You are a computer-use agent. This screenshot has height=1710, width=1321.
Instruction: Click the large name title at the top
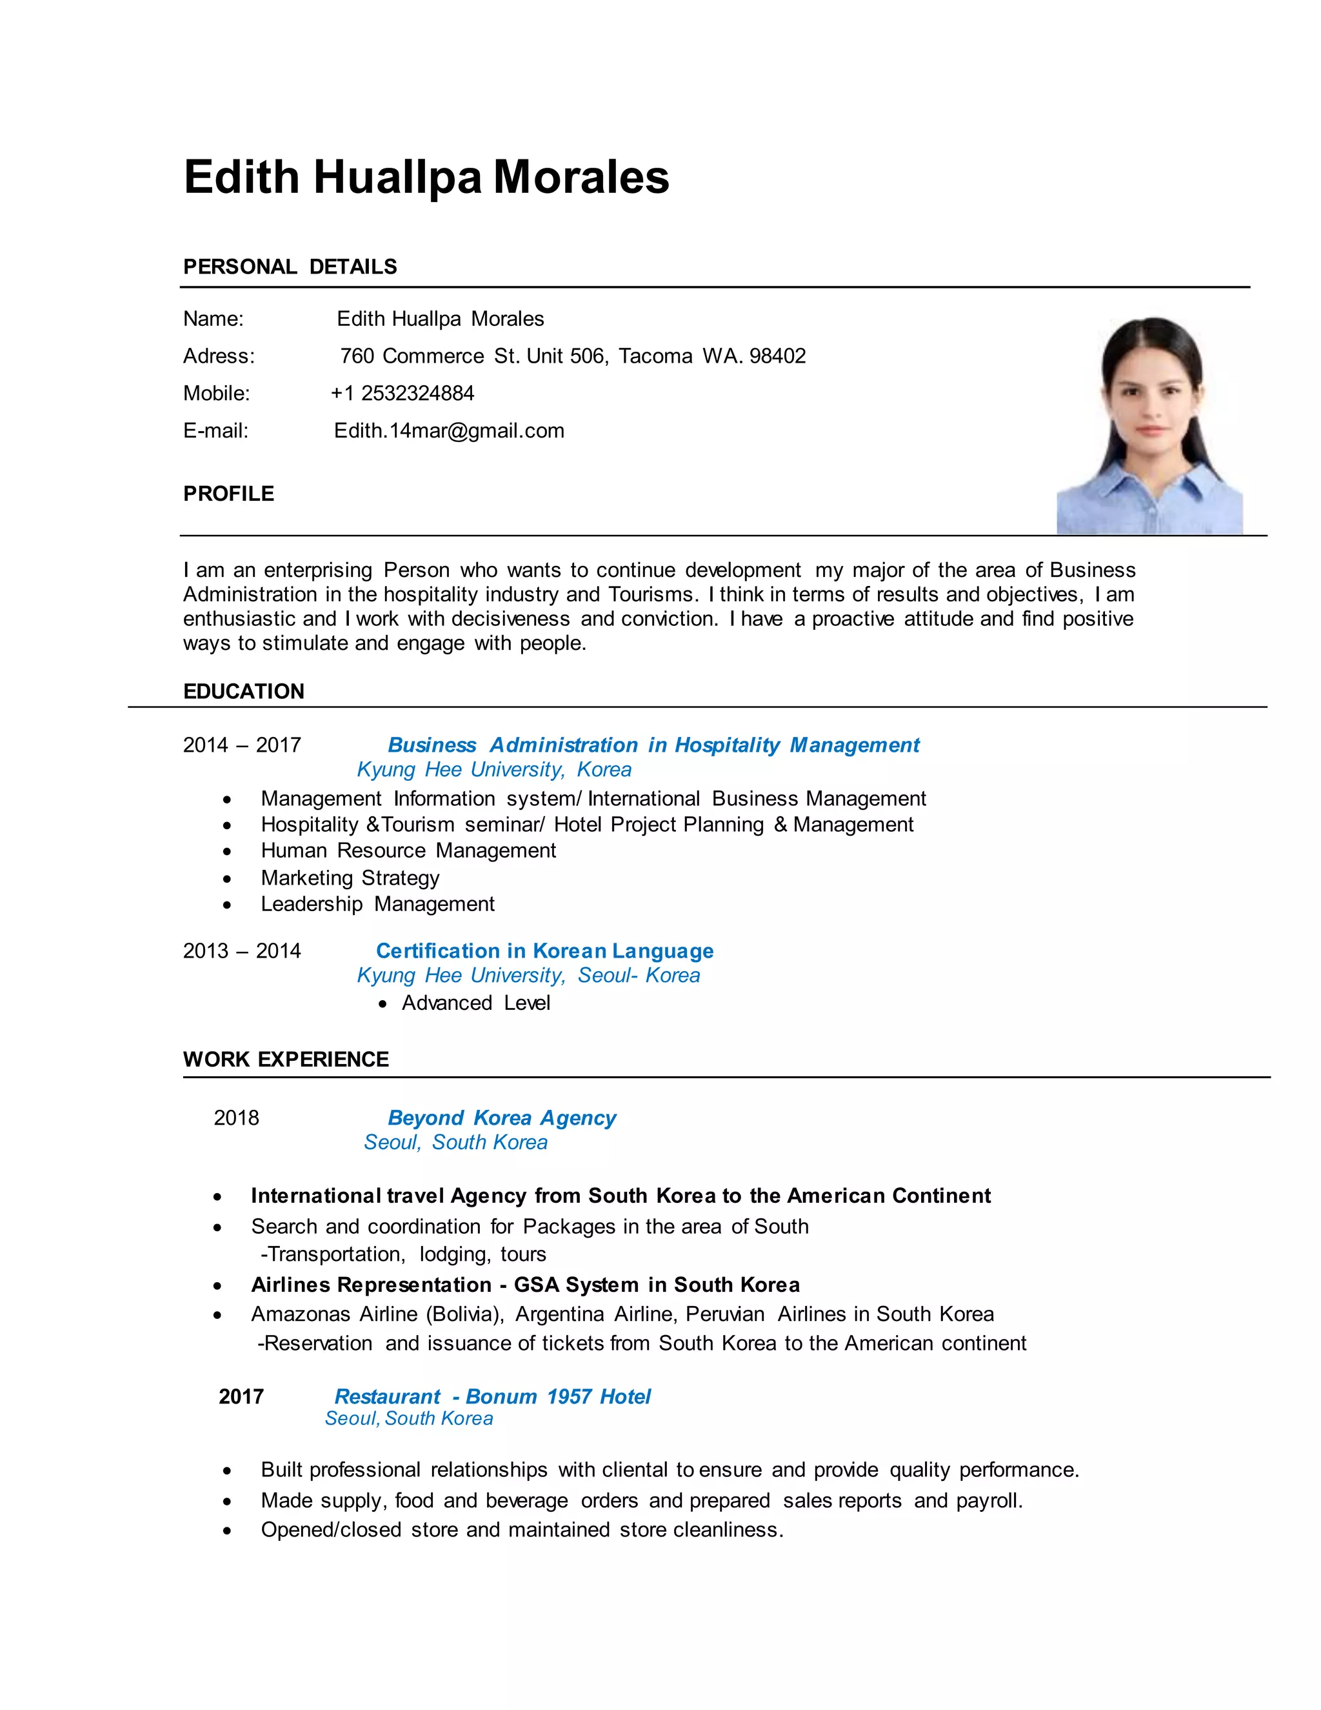click(426, 177)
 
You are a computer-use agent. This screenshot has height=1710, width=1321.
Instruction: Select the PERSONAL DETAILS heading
click(290, 267)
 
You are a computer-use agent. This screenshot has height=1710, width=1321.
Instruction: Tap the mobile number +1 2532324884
click(402, 393)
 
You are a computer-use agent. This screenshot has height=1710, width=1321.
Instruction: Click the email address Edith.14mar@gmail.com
click(448, 430)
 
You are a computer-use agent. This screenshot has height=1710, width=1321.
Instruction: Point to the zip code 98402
click(777, 356)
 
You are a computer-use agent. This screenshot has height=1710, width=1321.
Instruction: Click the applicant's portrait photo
click(1149, 426)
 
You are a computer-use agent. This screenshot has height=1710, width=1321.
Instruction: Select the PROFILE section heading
click(228, 494)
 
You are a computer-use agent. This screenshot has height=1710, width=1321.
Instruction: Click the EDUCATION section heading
click(243, 691)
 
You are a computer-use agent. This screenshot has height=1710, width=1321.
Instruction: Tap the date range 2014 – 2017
click(242, 745)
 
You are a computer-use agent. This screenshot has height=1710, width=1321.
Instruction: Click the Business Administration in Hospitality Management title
click(653, 745)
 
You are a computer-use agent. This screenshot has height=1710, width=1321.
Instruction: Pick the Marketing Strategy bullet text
click(350, 878)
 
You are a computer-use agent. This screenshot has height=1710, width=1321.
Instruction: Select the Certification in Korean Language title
click(544, 951)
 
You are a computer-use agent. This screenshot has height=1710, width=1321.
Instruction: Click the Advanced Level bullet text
click(476, 1003)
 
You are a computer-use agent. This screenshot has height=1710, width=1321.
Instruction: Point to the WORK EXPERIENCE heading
click(286, 1060)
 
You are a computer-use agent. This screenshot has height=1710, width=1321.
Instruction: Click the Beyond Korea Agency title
click(502, 1118)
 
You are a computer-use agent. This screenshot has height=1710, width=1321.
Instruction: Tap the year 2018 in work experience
click(236, 1118)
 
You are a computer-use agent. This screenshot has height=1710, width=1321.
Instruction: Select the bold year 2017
click(241, 1397)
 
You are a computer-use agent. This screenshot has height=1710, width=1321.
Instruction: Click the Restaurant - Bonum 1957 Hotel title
click(492, 1397)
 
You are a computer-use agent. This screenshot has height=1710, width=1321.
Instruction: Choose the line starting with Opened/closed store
click(521, 1530)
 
